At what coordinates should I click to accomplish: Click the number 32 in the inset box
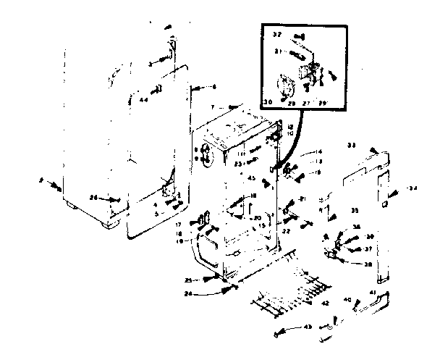[x=277, y=34]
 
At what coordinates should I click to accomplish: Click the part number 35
[x=354, y=210]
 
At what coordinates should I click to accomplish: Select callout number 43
[x=308, y=327]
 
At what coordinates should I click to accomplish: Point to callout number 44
[x=143, y=99]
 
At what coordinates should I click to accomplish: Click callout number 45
[x=251, y=179]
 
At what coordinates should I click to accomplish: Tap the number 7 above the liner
[x=213, y=107]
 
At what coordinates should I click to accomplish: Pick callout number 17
[x=177, y=225]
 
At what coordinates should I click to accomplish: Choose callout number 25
[x=187, y=279]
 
